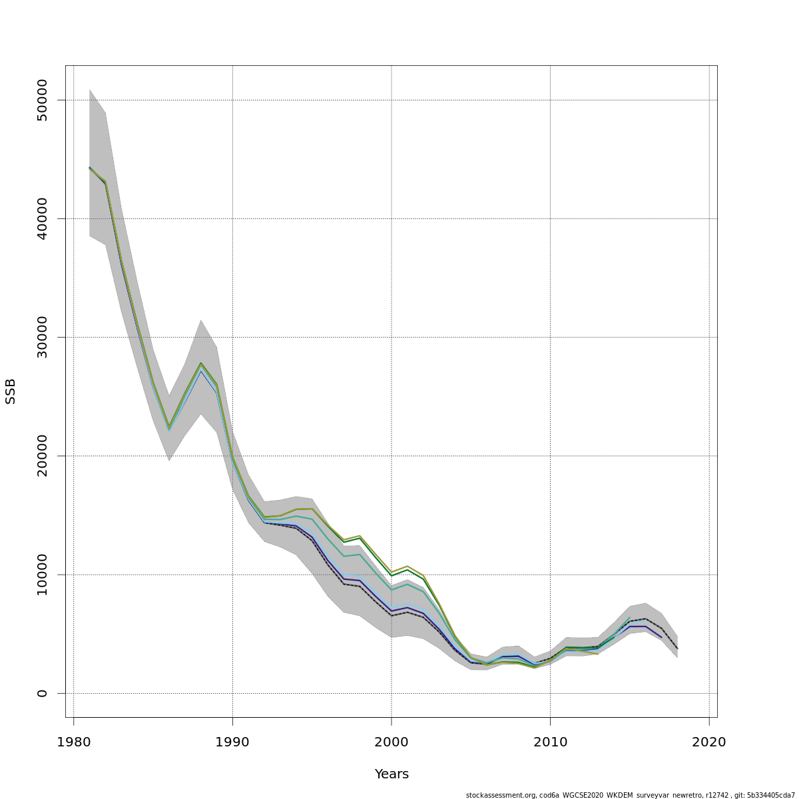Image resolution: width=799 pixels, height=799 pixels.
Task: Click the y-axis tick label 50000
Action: [42, 100]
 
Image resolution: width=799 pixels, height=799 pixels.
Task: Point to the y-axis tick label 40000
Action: [42, 218]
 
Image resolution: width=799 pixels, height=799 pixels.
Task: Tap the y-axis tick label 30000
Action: [42, 337]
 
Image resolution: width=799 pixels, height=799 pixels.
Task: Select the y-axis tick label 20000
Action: [42, 456]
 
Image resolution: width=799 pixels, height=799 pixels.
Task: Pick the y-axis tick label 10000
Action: [42, 575]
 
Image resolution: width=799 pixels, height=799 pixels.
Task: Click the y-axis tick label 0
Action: [42, 693]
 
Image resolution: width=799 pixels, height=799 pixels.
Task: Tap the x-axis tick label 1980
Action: [73, 742]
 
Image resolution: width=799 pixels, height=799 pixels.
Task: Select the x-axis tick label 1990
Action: [232, 742]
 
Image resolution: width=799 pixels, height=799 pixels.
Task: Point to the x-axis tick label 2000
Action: [392, 742]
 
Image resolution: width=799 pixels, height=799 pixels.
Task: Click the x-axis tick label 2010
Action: [550, 742]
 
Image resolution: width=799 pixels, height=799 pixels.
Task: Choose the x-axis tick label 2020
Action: [709, 742]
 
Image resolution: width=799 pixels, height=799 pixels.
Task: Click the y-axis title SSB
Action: [11, 391]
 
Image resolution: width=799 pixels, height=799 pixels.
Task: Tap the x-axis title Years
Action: [392, 774]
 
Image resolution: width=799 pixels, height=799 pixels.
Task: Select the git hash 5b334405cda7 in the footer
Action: [772, 795]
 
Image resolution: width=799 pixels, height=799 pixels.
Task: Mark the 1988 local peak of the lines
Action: [200, 364]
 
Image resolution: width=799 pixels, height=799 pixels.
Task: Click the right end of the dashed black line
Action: [677, 649]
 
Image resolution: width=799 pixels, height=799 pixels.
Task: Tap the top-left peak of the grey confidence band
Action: [89, 89]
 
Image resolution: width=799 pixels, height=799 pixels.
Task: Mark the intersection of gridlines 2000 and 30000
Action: [392, 337]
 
